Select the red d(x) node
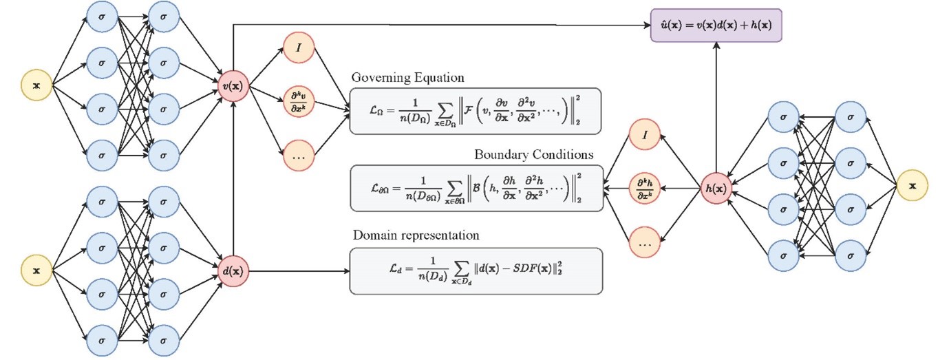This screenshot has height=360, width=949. (234, 271)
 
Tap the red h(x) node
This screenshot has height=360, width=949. (716, 185)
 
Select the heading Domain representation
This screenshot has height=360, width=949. (416, 235)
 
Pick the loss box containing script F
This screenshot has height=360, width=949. (475, 111)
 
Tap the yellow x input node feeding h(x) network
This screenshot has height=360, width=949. (913, 186)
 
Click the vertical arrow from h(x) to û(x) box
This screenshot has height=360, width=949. (716, 103)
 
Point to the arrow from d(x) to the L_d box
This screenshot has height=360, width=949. (296, 271)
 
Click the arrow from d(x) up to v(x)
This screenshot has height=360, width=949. (234, 179)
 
